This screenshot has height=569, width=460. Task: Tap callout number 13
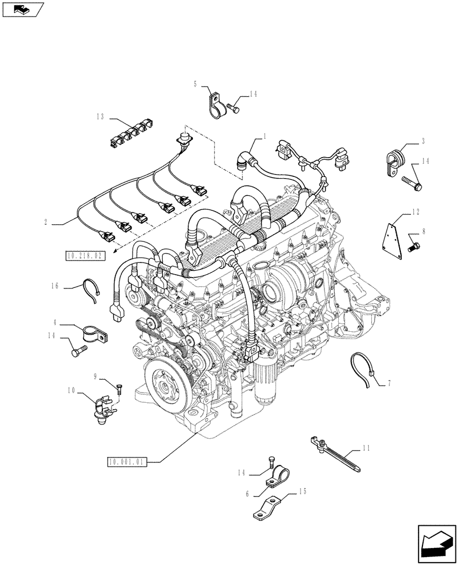tap(100, 117)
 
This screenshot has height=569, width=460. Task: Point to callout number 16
tap(55, 286)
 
